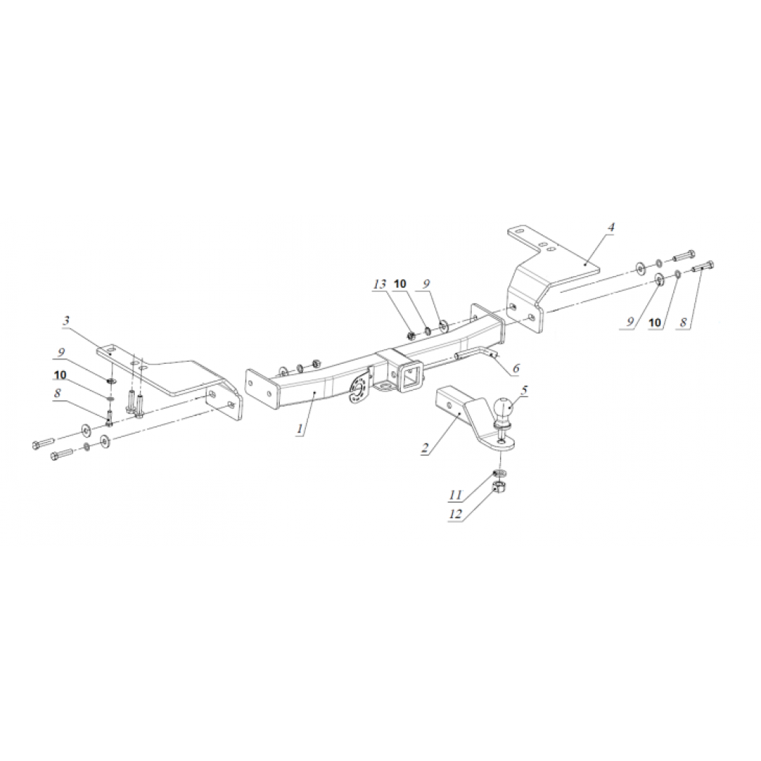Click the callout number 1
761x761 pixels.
(x=301, y=428)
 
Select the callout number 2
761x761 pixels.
(x=425, y=447)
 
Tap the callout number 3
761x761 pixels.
(x=67, y=321)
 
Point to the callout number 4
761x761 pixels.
(x=611, y=227)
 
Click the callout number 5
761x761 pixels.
(x=524, y=390)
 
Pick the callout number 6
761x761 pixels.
(x=515, y=368)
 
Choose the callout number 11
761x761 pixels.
(x=455, y=495)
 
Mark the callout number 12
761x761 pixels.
(x=456, y=514)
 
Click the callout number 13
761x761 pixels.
(x=380, y=284)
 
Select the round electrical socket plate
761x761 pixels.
(x=357, y=388)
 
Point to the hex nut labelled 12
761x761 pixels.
(x=497, y=487)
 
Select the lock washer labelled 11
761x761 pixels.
(x=498, y=473)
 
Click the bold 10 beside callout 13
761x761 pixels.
(x=400, y=283)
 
